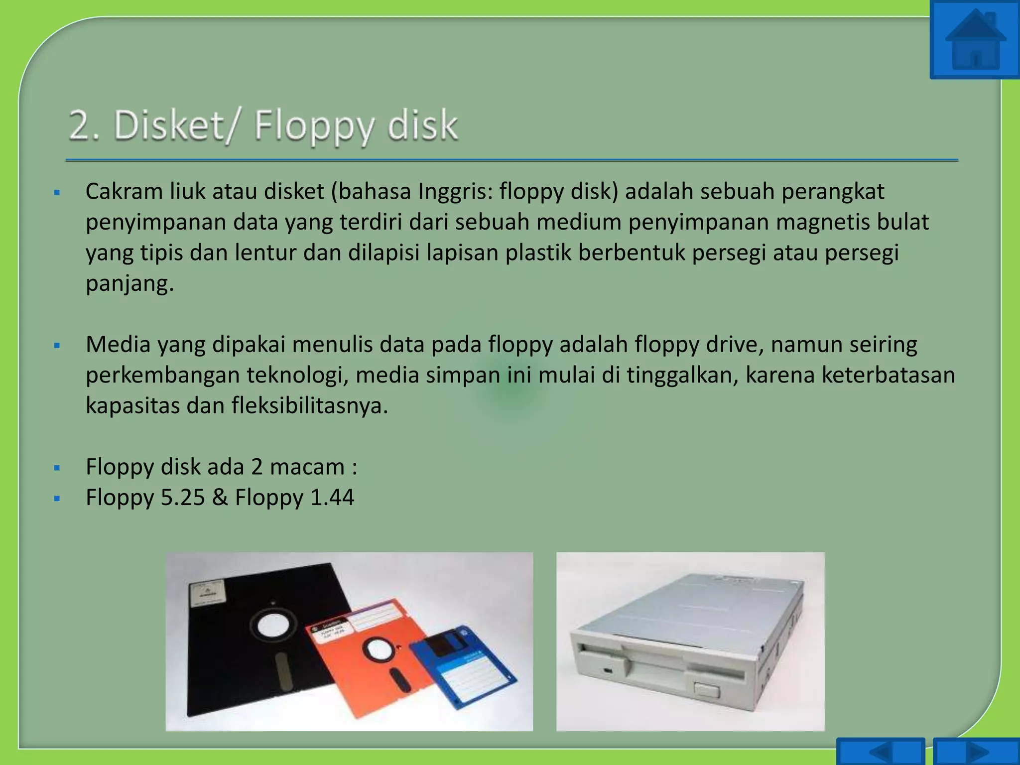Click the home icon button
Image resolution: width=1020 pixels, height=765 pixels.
pos(975,40)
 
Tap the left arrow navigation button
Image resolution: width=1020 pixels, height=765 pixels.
pos(880,752)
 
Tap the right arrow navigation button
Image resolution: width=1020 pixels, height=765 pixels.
pos(977,752)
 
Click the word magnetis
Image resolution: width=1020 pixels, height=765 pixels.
pos(822,222)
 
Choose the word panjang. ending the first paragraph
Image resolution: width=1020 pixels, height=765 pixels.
pos(129,283)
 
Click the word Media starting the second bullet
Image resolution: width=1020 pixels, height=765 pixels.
pos(118,345)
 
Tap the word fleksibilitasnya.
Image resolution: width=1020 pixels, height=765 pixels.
pos(309,406)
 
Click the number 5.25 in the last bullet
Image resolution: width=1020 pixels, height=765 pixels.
pos(182,498)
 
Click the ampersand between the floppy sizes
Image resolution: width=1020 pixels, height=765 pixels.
pos(220,498)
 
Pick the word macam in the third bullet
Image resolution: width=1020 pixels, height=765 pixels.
pos(307,467)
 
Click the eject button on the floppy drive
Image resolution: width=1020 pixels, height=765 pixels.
pos(706,690)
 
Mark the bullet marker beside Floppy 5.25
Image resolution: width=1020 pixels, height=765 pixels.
pos(57,498)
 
